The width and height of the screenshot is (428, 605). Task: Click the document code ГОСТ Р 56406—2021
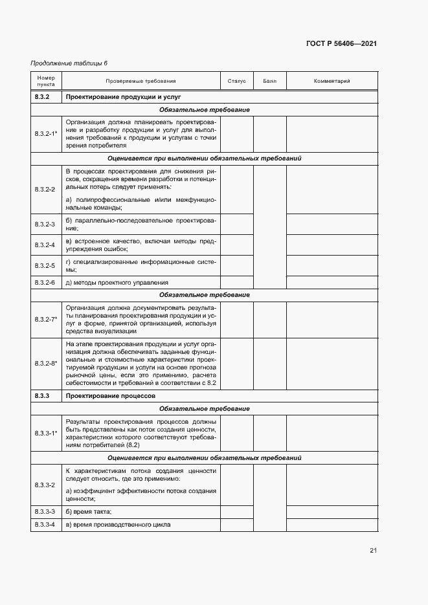(x=341, y=43)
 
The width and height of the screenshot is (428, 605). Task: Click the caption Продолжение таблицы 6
(x=69, y=63)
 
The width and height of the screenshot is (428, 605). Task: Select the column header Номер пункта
(x=46, y=81)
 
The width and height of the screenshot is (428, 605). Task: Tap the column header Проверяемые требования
(x=141, y=81)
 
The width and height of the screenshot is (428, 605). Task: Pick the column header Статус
(x=236, y=81)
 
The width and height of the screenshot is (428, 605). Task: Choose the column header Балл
(x=269, y=81)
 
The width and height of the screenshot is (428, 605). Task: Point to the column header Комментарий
(x=332, y=81)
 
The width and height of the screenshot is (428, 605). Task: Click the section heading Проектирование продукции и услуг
(x=122, y=96)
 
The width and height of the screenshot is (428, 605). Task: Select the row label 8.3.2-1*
(x=46, y=133)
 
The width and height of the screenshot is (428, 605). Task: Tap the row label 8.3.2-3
(x=45, y=225)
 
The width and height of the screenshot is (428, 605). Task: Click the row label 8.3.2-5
(x=45, y=265)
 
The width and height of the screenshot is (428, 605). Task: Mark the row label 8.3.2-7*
(x=46, y=319)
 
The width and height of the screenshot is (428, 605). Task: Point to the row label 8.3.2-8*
(x=46, y=363)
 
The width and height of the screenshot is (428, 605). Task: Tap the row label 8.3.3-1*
(x=46, y=432)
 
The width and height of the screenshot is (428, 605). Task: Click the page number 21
(x=373, y=551)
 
